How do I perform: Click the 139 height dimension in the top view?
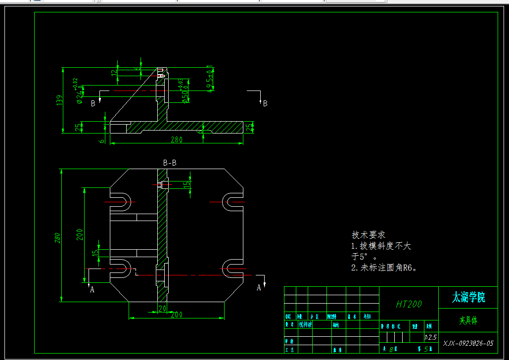coord(60,100)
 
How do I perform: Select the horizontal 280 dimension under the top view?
coord(177,140)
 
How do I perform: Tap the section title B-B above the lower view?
coord(170,163)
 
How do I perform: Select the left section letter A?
coord(92,290)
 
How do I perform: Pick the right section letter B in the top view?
coord(265,103)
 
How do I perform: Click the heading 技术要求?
coord(368,235)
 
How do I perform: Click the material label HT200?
coord(409,304)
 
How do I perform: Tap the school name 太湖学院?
coord(468,297)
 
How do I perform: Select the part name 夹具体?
coord(468,320)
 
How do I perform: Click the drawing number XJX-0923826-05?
coord(468,343)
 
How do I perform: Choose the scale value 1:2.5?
coord(430,337)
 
